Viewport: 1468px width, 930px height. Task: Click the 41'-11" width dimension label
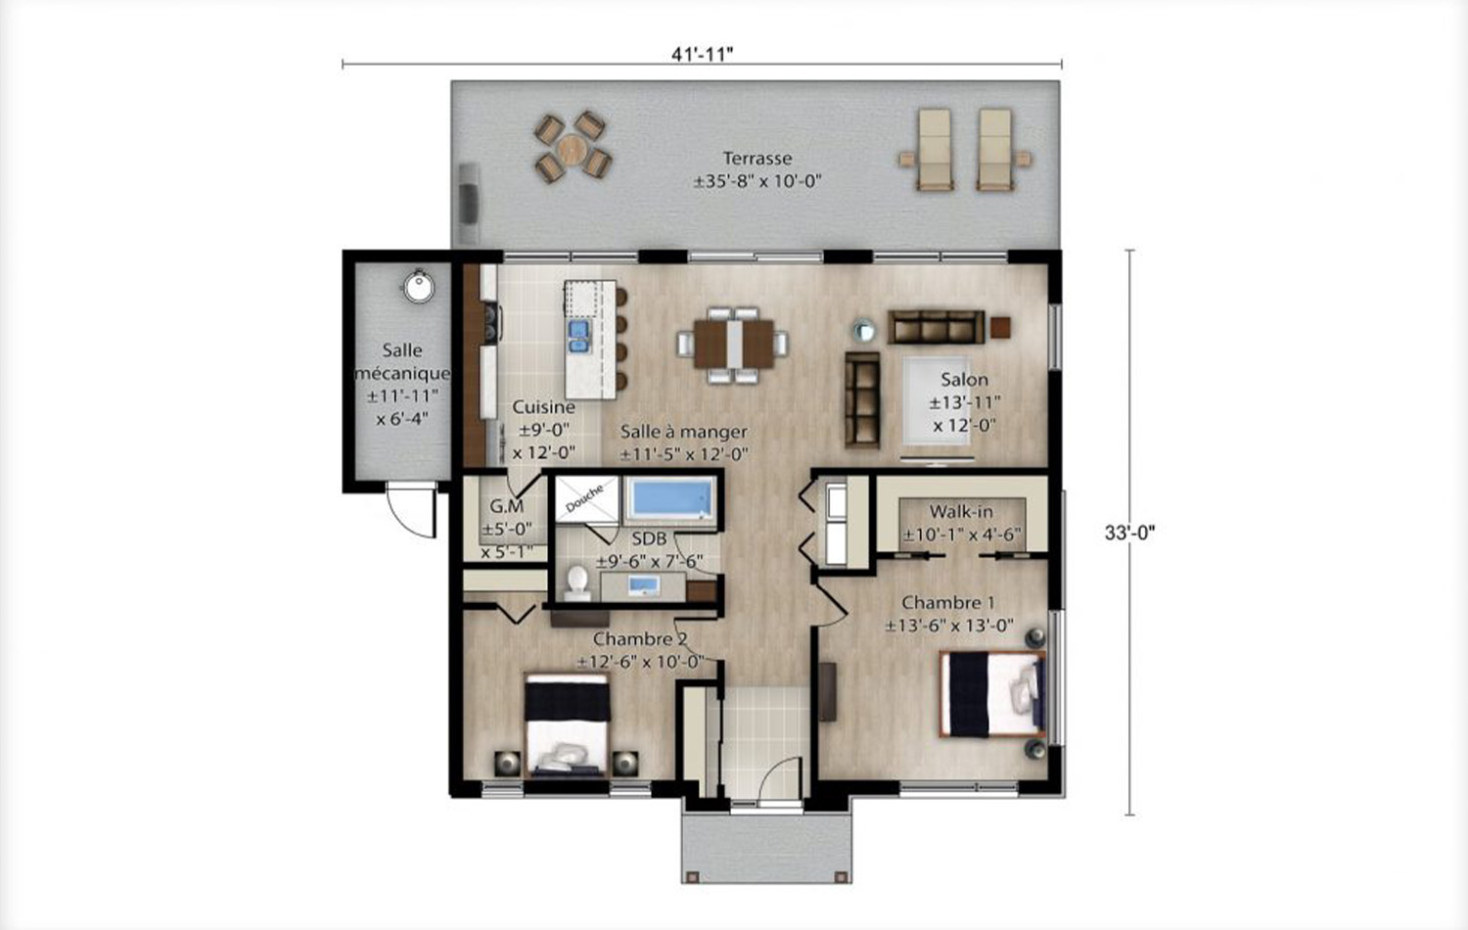point(702,54)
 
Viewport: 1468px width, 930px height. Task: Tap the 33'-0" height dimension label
point(1129,533)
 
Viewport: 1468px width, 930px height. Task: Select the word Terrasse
point(757,158)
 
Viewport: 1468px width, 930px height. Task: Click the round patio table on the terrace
point(573,149)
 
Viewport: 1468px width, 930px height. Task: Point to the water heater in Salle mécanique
point(418,287)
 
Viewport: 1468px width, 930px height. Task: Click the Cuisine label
point(543,407)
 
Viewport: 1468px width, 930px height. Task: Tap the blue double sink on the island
point(578,336)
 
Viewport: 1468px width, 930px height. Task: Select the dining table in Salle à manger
point(733,344)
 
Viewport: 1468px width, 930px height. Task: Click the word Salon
point(964,380)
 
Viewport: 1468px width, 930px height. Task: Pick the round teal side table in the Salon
point(864,331)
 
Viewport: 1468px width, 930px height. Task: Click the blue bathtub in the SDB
point(671,498)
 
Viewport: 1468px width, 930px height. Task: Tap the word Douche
point(584,498)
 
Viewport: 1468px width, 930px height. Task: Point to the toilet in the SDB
point(577,583)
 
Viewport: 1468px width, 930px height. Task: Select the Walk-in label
point(961,511)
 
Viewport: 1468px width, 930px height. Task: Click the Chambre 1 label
point(947,602)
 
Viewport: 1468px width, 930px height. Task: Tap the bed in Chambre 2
point(567,725)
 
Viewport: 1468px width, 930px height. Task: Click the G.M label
point(507,506)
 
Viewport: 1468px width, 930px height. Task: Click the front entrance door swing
point(780,779)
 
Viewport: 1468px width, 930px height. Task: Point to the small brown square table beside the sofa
point(1000,327)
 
